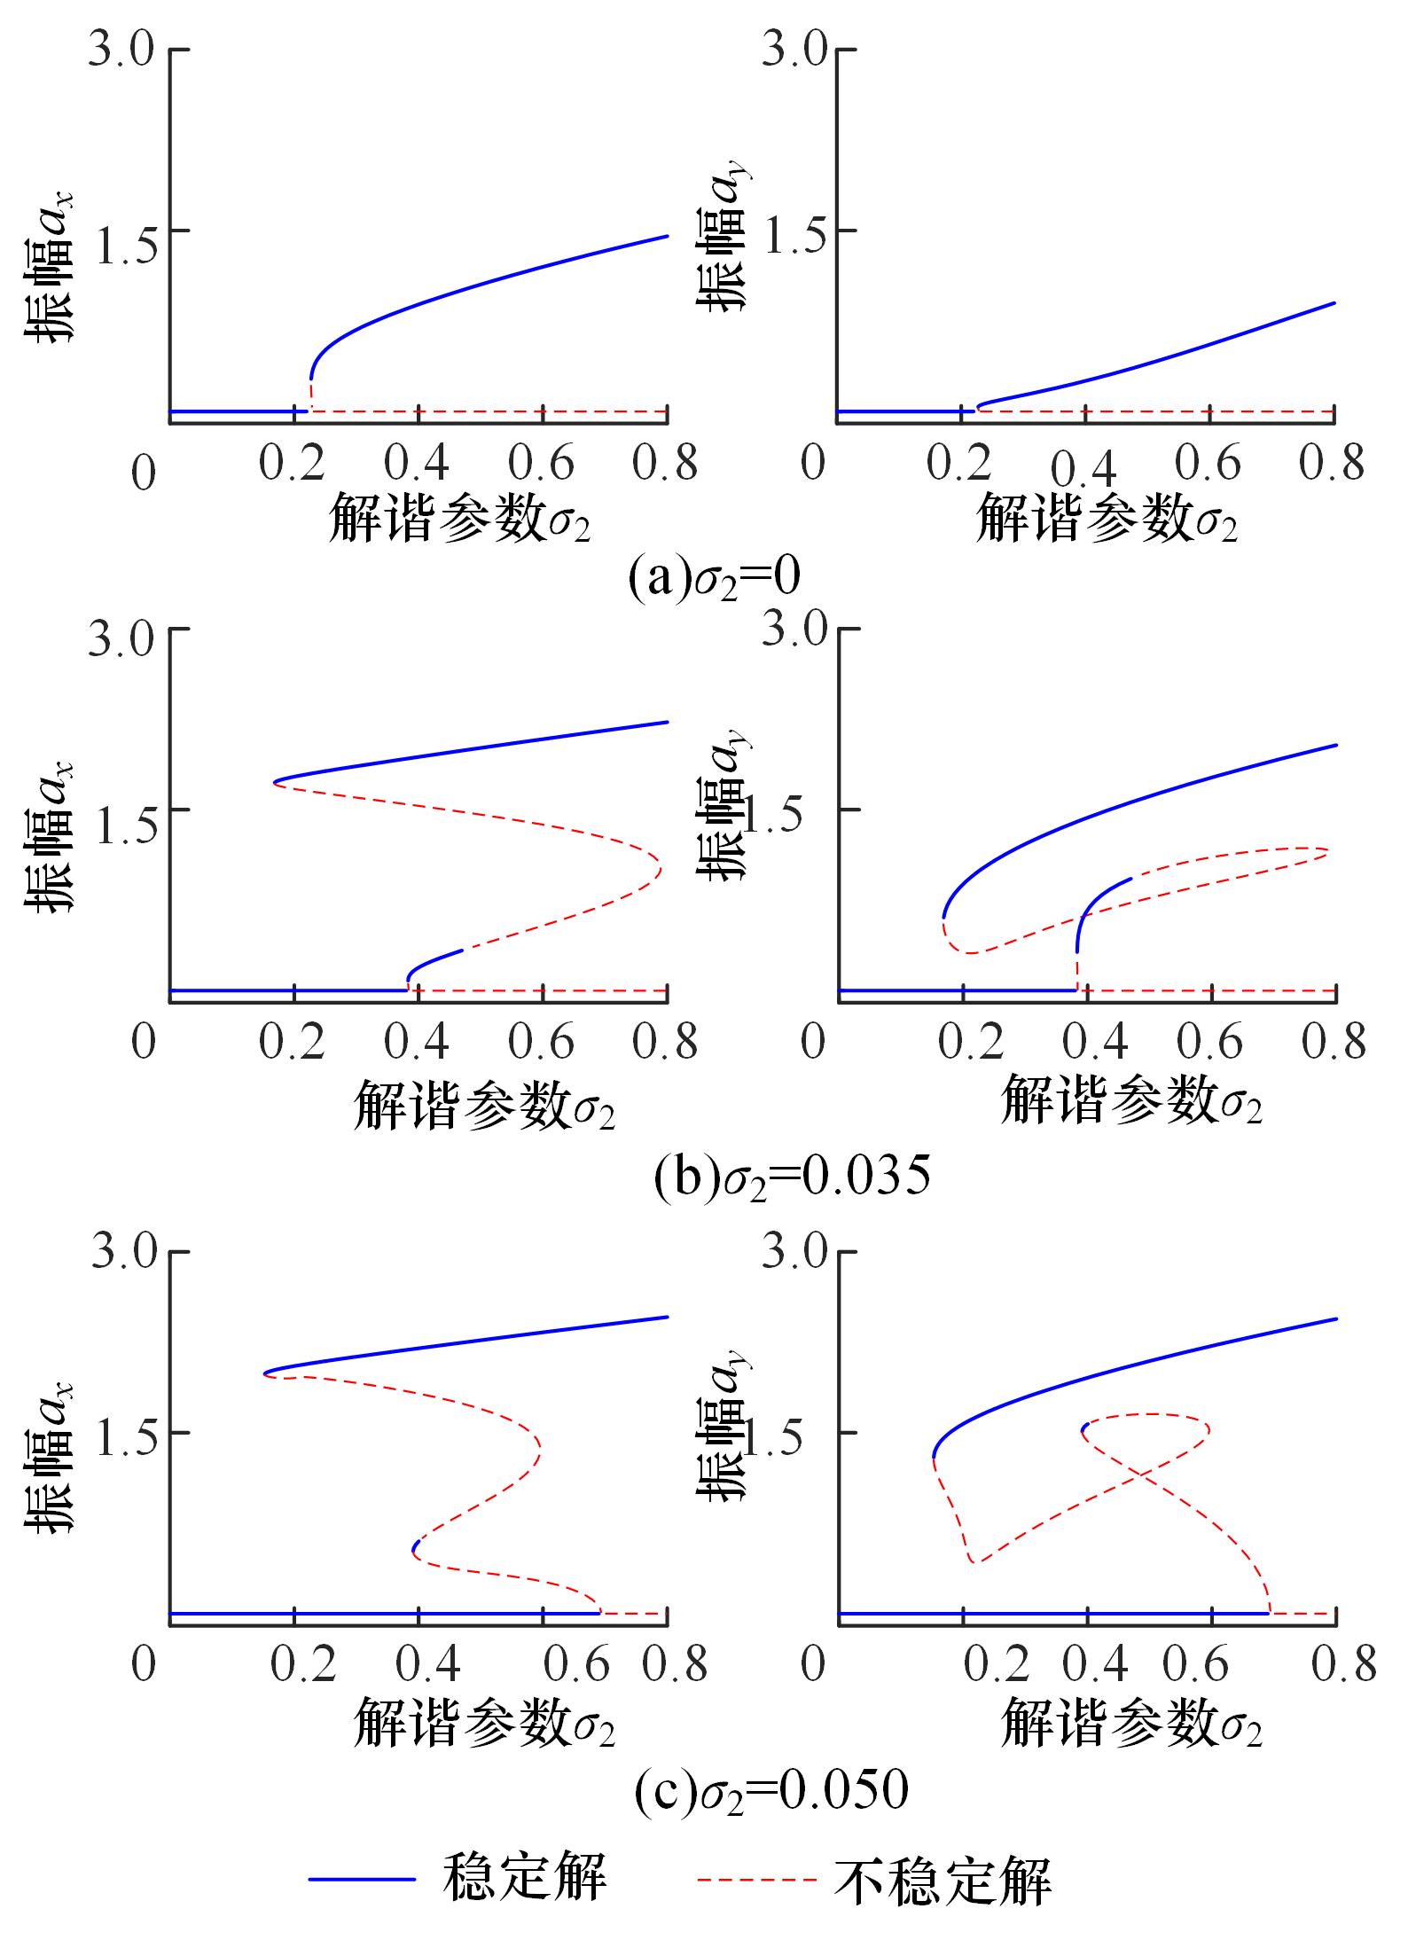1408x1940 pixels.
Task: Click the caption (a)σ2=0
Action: pyautogui.click(x=715, y=578)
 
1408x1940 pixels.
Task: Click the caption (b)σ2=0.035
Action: pyautogui.click(x=792, y=1177)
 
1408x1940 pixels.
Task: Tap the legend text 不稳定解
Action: pyautogui.click(x=942, y=1879)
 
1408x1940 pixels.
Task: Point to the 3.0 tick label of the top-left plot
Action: pyautogui.click(x=121, y=50)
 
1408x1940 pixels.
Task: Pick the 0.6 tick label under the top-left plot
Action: pyautogui.click(x=542, y=464)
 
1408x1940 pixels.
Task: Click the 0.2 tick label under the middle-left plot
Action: pyautogui.click(x=293, y=1042)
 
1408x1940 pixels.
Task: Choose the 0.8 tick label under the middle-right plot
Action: pyautogui.click(x=1334, y=1042)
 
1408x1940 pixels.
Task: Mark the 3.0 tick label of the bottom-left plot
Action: pyautogui.click(x=121, y=1252)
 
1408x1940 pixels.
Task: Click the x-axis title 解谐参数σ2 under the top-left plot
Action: pyautogui.click(x=459, y=520)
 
